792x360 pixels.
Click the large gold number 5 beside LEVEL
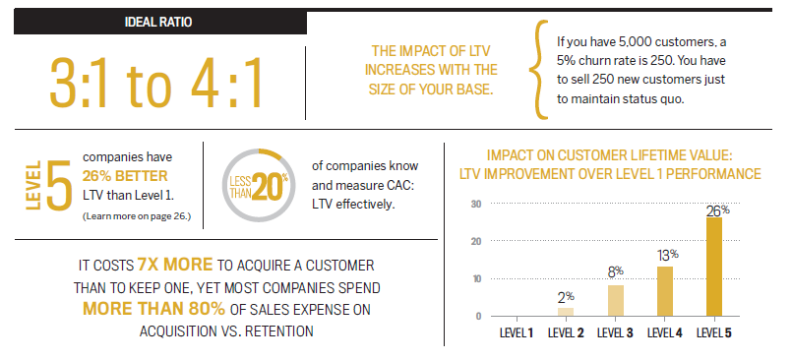(x=58, y=180)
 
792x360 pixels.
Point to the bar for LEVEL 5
(x=713, y=267)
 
